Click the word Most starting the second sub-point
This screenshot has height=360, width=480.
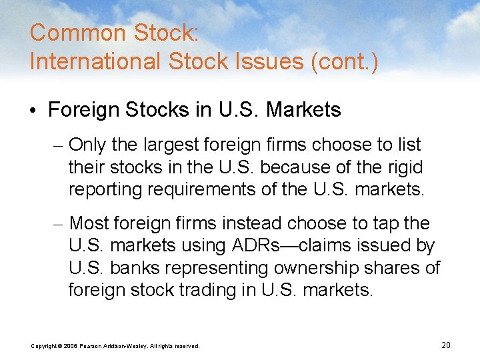pyautogui.click(x=89, y=223)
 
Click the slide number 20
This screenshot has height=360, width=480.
pyautogui.click(x=446, y=345)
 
